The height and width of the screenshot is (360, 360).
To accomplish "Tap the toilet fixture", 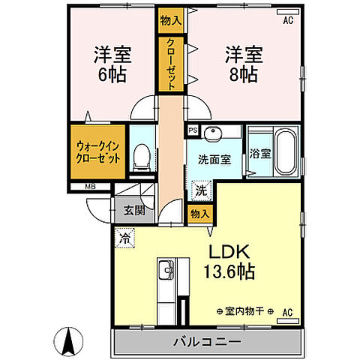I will click(x=140, y=155).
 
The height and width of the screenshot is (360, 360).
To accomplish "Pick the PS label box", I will click(x=193, y=130).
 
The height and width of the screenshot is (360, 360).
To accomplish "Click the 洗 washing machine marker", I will click(x=200, y=191).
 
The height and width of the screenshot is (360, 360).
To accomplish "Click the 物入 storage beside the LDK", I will click(x=199, y=214).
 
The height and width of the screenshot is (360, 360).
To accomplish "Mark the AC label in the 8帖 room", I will click(x=286, y=20).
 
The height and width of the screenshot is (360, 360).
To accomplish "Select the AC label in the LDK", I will click(x=286, y=311).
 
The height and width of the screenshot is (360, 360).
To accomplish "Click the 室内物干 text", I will click(x=244, y=310).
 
